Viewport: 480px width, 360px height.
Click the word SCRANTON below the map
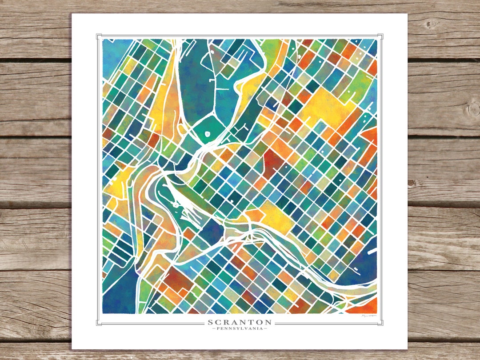pos(240,322)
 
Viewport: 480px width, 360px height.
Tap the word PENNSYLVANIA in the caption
pos(240,328)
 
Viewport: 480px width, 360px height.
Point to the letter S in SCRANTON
pos(210,322)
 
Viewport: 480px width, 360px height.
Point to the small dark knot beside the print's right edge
pos(412,183)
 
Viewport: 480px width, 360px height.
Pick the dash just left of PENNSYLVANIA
pos(214,328)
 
